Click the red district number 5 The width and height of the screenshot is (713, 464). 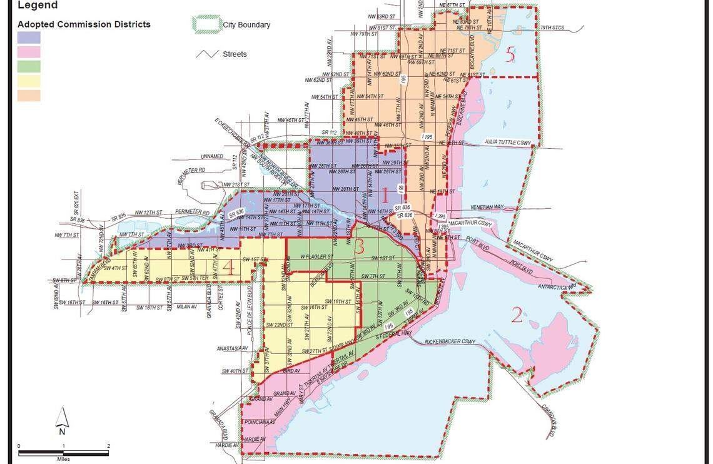[x=510, y=55]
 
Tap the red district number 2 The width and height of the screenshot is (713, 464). [x=517, y=315]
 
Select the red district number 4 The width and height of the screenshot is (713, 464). [x=230, y=268]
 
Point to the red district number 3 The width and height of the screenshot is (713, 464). [x=359, y=246]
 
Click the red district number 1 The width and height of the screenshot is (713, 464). [x=385, y=195]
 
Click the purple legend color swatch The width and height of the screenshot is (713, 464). [x=29, y=38]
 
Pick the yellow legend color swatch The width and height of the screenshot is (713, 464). [x=29, y=81]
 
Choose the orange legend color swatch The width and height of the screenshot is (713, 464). [x=29, y=96]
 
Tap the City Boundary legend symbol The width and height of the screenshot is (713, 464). [x=206, y=24]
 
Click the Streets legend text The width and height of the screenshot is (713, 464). [x=235, y=54]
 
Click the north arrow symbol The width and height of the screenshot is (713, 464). [x=62, y=420]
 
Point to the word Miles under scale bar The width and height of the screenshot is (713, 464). [x=63, y=459]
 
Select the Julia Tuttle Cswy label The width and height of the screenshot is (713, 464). [x=508, y=143]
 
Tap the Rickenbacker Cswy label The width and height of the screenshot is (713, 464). [x=450, y=342]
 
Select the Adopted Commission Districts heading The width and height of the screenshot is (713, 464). [x=84, y=24]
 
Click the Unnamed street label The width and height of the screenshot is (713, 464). [x=212, y=156]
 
